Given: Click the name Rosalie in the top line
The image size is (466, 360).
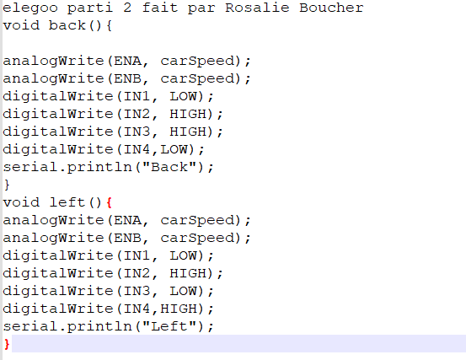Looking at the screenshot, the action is pos(257,8).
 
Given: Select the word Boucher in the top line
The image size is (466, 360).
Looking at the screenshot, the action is pos(331,8).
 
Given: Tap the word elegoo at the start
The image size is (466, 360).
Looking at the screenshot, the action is pos(30,8).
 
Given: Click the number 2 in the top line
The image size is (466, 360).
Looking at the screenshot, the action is pos(127,8).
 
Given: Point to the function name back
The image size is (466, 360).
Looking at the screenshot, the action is pos(67,25).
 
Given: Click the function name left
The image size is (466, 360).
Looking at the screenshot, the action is pos(67,202).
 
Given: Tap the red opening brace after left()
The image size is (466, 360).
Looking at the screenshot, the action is pos(109,202).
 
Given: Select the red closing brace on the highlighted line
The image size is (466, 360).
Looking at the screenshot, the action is pos(7,344).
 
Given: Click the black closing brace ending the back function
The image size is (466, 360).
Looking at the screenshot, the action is pos(7,185).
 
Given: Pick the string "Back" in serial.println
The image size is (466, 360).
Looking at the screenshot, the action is pos(169,167).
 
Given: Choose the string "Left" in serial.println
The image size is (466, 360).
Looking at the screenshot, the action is pos(169,326).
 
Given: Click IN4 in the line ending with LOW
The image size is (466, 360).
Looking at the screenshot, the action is pos(137,149).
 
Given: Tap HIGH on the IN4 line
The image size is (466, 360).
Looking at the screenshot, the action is pos(179,309).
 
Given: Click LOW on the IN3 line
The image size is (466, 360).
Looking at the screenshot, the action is pos(184,291).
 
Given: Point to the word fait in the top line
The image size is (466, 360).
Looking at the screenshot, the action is pos(160,8).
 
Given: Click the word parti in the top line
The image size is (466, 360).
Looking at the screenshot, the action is pos(90,8).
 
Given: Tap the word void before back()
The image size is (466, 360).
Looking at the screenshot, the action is pos(21,25).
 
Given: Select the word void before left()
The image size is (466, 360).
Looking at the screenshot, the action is pos(21,202).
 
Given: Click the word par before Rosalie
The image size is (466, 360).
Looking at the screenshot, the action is pos(201,8).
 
